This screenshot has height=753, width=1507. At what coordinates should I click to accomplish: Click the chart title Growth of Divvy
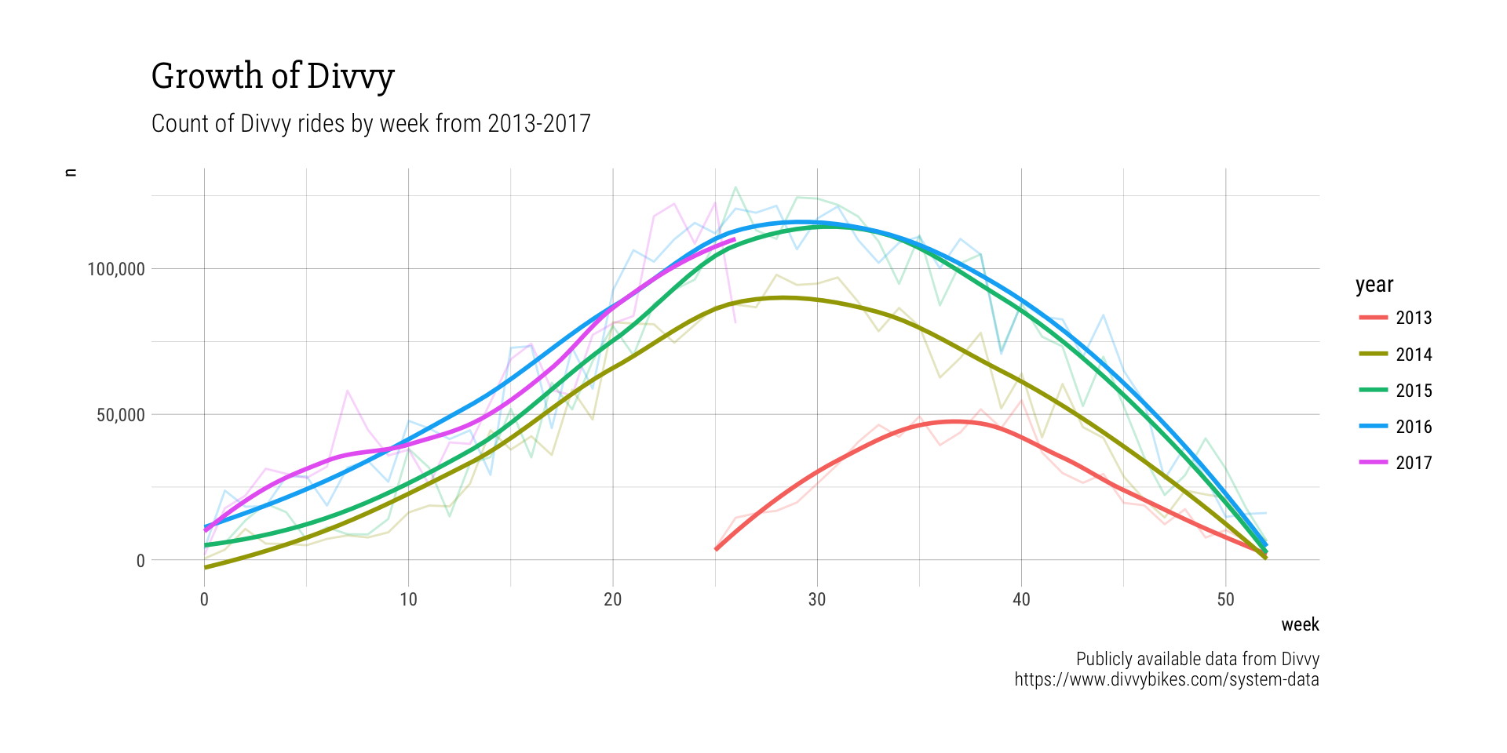[272, 76]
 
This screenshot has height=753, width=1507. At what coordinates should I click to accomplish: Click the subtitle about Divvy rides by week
[370, 124]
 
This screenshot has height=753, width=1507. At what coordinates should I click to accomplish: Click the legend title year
[1374, 285]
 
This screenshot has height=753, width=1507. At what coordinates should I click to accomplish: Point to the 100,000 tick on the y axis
[116, 269]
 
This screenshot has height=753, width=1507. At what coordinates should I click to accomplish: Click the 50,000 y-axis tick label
[121, 415]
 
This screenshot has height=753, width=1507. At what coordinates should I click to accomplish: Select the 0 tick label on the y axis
[140, 561]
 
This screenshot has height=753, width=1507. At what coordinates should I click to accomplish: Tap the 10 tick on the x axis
[408, 600]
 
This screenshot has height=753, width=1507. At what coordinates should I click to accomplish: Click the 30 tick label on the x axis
[817, 600]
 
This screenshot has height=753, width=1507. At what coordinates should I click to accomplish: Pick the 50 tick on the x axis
[1225, 600]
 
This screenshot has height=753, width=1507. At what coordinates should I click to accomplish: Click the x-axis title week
[1300, 625]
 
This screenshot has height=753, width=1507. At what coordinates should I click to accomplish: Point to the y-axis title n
[71, 173]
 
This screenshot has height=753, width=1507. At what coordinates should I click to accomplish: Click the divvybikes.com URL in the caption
[1166, 679]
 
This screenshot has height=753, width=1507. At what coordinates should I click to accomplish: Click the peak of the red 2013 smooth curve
[954, 422]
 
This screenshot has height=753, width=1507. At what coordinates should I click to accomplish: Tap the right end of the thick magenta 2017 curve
[735, 239]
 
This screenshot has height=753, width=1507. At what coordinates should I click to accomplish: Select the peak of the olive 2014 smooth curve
[783, 298]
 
